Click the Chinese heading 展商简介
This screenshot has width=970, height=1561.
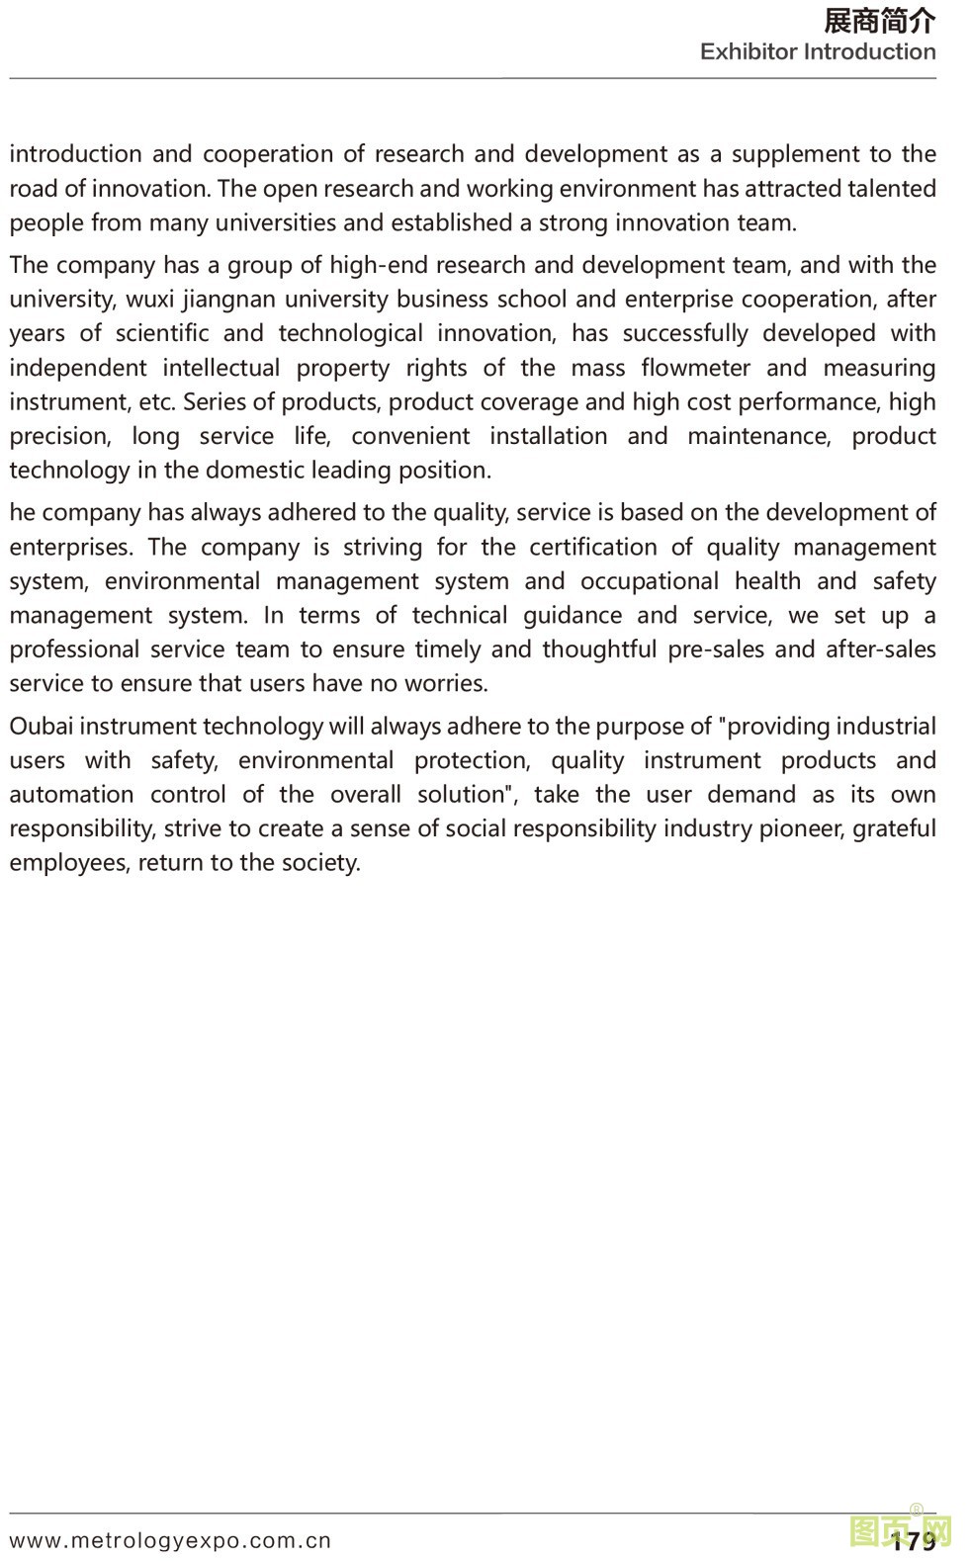tap(879, 21)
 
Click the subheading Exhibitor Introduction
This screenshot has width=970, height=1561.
tap(818, 51)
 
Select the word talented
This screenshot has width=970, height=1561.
tap(887, 189)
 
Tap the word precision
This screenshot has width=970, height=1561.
tap(59, 437)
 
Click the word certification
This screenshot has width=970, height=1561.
tap(592, 548)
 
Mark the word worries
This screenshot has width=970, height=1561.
tap(450, 684)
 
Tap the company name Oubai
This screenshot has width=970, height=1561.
tap(41, 727)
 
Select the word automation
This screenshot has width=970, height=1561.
tap(71, 795)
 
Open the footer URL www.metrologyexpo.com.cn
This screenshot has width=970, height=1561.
tap(170, 1540)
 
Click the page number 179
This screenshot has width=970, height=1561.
tap(914, 1541)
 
